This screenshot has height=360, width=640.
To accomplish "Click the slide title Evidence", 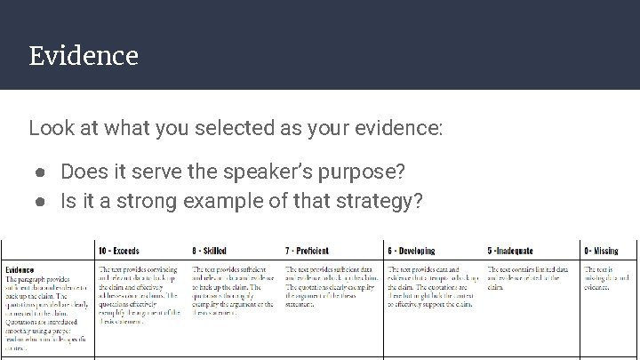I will pos(84,57).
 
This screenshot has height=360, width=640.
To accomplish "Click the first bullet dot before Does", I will pos(41,171).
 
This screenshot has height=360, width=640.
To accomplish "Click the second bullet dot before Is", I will pos(41,201).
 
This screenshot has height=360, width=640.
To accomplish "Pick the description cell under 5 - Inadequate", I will pos(528,274).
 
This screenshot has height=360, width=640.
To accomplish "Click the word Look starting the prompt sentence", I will pos(48,128).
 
